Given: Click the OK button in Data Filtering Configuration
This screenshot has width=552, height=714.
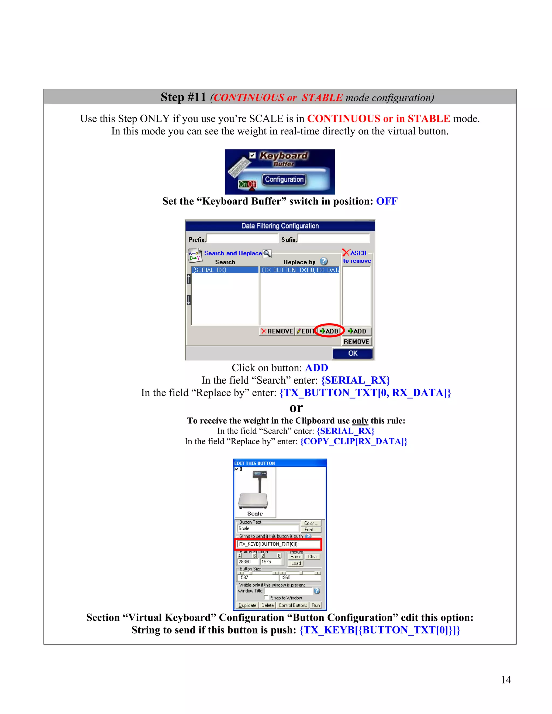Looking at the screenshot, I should [353, 353].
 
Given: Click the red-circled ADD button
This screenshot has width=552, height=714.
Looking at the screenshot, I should [329, 331].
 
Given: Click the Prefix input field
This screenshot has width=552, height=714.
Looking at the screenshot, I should [242, 239].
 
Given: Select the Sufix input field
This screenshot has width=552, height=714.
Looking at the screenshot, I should [334, 239].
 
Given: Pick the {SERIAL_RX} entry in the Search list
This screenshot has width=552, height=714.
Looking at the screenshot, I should [225, 270].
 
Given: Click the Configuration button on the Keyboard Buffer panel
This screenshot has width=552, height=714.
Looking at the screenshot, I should [284, 179].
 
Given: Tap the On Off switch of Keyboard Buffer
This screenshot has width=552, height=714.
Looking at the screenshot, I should [247, 184].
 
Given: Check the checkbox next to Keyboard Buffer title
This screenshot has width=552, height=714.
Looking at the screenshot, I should [252, 155].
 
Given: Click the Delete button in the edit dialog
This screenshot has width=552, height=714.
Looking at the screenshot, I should [267, 605].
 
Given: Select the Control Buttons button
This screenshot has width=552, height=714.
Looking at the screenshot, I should [293, 605].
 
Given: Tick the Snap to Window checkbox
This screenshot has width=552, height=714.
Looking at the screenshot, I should [266, 598].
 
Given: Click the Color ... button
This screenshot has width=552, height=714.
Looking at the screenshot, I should [311, 523].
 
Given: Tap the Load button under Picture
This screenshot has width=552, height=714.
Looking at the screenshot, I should [296, 563].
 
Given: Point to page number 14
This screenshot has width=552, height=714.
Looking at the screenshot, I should [506, 680].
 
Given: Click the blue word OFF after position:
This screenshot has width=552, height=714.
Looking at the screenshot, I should [387, 201].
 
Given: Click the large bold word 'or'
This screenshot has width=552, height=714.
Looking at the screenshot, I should [296, 408].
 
